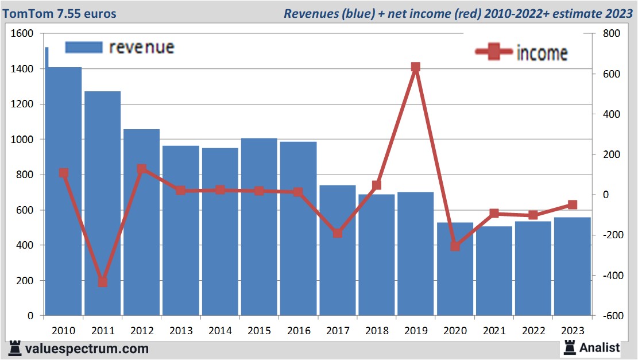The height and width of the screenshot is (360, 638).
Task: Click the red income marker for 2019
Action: click(x=416, y=67)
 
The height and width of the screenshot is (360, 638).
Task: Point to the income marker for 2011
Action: click(x=103, y=282)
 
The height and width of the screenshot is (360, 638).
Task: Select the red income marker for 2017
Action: click(x=338, y=233)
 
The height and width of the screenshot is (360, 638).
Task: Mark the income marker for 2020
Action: click(x=455, y=246)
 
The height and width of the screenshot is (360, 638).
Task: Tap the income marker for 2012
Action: click(x=142, y=169)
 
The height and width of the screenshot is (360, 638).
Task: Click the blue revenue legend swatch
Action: click(x=84, y=47)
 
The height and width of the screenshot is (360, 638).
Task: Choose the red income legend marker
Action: click(x=493, y=52)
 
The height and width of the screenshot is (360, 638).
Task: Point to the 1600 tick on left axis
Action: click(x=22, y=34)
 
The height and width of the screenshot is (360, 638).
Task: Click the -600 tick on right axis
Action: click(x=609, y=316)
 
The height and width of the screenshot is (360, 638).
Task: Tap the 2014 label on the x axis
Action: click(x=221, y=331)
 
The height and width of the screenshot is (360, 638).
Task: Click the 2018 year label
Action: click(x=377, y=331)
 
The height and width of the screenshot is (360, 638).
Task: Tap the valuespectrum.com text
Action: click(x=87, y=349)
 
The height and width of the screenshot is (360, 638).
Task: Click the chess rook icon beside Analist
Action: click(x=570, y=347)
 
